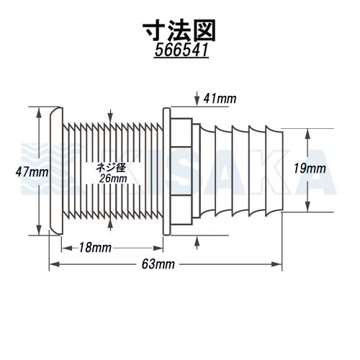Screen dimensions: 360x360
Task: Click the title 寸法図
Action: click(179, 30)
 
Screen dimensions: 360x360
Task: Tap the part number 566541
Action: click(181, 51)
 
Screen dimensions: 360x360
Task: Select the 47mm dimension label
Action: click(32, 172)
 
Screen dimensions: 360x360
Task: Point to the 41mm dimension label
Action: click(220, 99)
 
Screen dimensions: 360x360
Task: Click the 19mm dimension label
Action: click(310, 168)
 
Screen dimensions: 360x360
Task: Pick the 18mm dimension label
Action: click(95, 248)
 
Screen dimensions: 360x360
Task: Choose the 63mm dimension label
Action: click(158, 264)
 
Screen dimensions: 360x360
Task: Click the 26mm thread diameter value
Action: click(113, 179)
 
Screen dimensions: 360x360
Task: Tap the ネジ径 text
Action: click(111, 168)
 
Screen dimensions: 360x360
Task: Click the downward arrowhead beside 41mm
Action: click(197, 101)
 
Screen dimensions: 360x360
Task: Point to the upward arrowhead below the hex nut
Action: click(197, 240)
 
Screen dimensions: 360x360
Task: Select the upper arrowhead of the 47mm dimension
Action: click(39, 112)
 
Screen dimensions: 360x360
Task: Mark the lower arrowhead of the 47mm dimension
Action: click(39, 230)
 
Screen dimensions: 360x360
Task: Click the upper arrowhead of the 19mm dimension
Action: click(307, 134)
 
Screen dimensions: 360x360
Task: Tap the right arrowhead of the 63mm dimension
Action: click(276, 264)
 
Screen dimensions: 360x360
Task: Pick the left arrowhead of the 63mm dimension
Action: click(55, 264)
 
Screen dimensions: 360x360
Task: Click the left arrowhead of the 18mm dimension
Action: click(67, 248)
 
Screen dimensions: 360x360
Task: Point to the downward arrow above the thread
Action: click(110, 116)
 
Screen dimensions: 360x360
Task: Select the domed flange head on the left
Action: click(56, 171)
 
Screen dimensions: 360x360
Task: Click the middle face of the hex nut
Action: click(181, 171)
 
